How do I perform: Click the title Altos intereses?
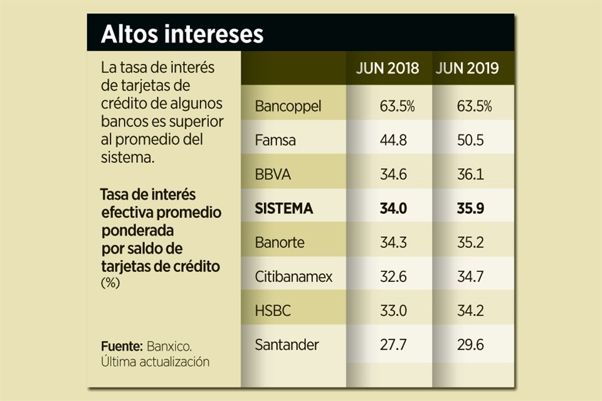click(x=182, y=34)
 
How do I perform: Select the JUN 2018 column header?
click(x=388, y=69)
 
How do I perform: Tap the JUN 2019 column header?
click(x=467, y=69)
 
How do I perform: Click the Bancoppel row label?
click(x=288, y=107)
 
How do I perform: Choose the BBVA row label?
click(x=273, y=174)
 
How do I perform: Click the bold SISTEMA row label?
click(x=284, y=209)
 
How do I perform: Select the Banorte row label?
click(x=280, y=243)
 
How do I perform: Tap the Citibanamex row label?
click(x=293, y=277)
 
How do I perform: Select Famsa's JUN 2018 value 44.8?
click(x=393, y=140)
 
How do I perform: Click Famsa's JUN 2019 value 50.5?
click(x=471, y=140)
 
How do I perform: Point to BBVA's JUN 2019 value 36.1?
click(x=471, y=174)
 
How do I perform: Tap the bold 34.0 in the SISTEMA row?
click(x=393, y=209)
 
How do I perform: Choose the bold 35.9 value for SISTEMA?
click(x=471, y=209)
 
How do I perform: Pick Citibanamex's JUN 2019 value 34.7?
click(x=471, y=277)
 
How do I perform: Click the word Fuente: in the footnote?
click(x=122, y=346)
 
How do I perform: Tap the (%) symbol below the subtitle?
click(x=110, y=283)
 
